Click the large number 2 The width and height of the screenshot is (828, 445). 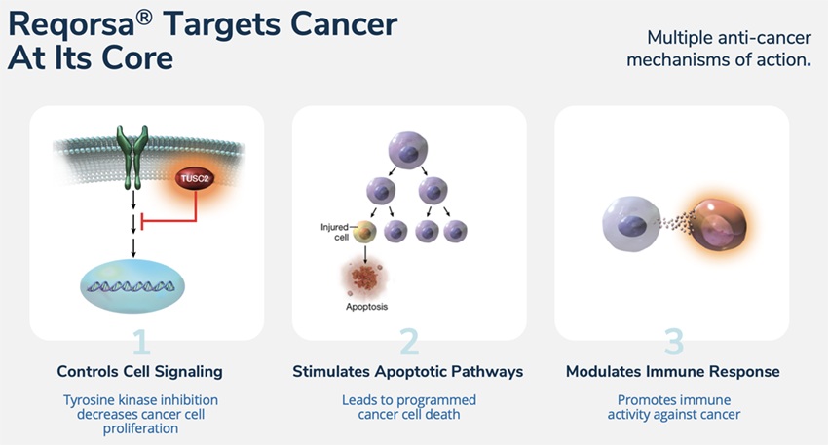409,342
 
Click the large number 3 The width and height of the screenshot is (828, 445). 673,342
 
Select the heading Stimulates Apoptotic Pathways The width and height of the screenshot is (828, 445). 408,371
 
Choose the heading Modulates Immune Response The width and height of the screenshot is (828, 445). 673,371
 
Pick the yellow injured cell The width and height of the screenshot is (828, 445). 364,231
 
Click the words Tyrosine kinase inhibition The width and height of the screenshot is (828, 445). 140,400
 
